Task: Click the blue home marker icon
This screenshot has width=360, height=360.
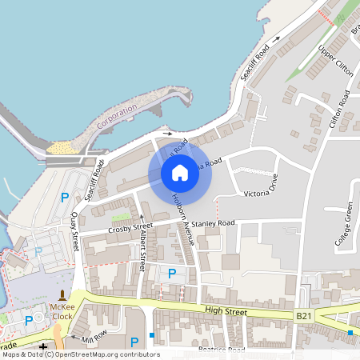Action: pos(180,172)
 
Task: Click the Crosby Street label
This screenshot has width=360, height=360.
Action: pos(131,228)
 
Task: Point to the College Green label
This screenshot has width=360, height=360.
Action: pos(346,228)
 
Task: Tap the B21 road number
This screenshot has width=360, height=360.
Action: pos(304,317)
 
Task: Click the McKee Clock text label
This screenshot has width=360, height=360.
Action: pos(62,310)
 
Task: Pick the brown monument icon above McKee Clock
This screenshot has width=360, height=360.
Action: pos(62,294)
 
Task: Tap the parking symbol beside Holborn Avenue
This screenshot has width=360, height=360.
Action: pos(171,274)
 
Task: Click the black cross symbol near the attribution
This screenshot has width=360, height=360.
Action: pos(43,345)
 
